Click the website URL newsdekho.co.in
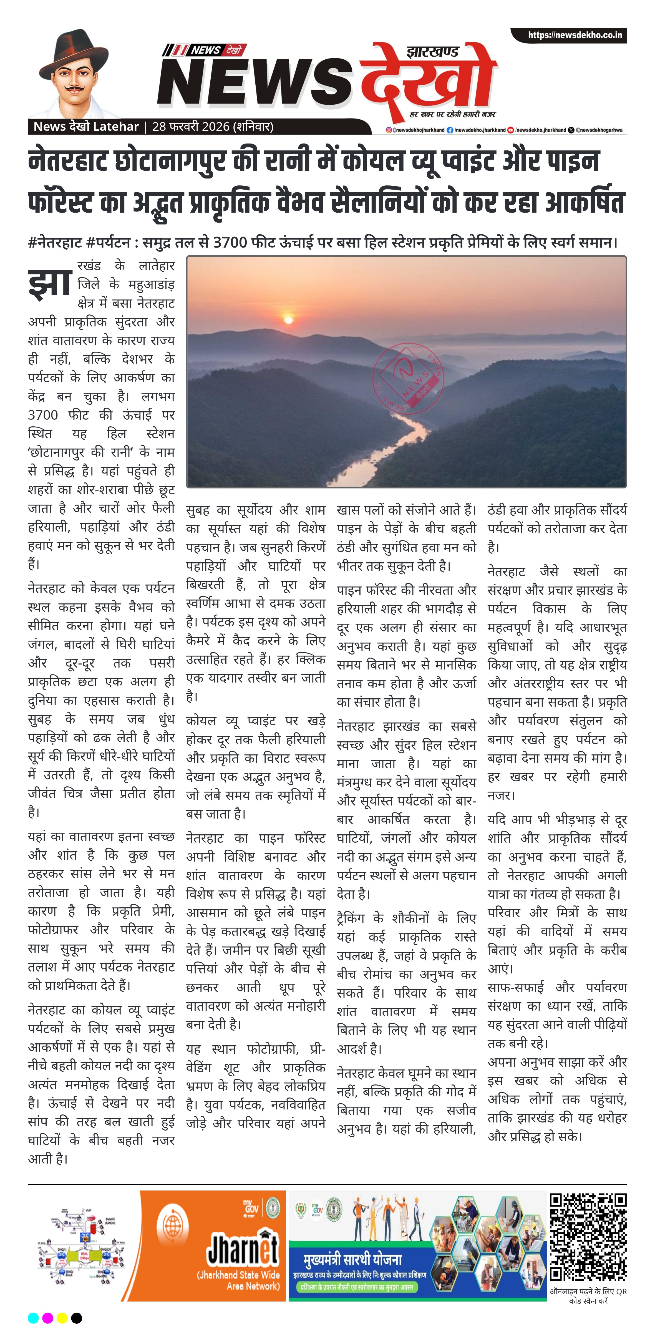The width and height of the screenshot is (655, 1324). [x=575, y=36]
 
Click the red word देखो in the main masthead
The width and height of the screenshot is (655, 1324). [x=427, y=80]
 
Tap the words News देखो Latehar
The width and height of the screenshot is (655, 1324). [x=86, y=127]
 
